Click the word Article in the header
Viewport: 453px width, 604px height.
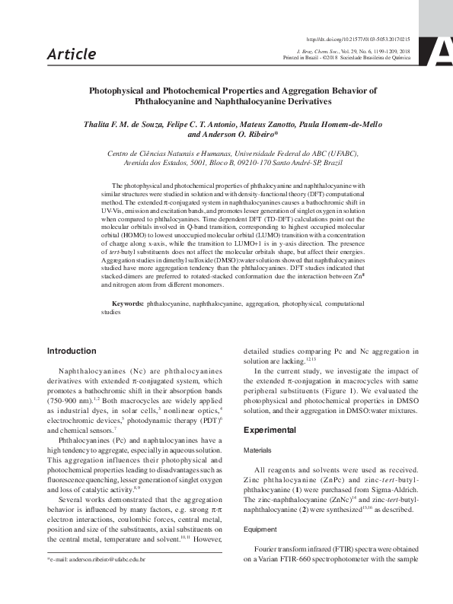click(x=71, y=54)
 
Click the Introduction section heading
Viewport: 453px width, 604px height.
click(x=72, y=351)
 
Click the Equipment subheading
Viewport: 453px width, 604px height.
click(x=260, y=528)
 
